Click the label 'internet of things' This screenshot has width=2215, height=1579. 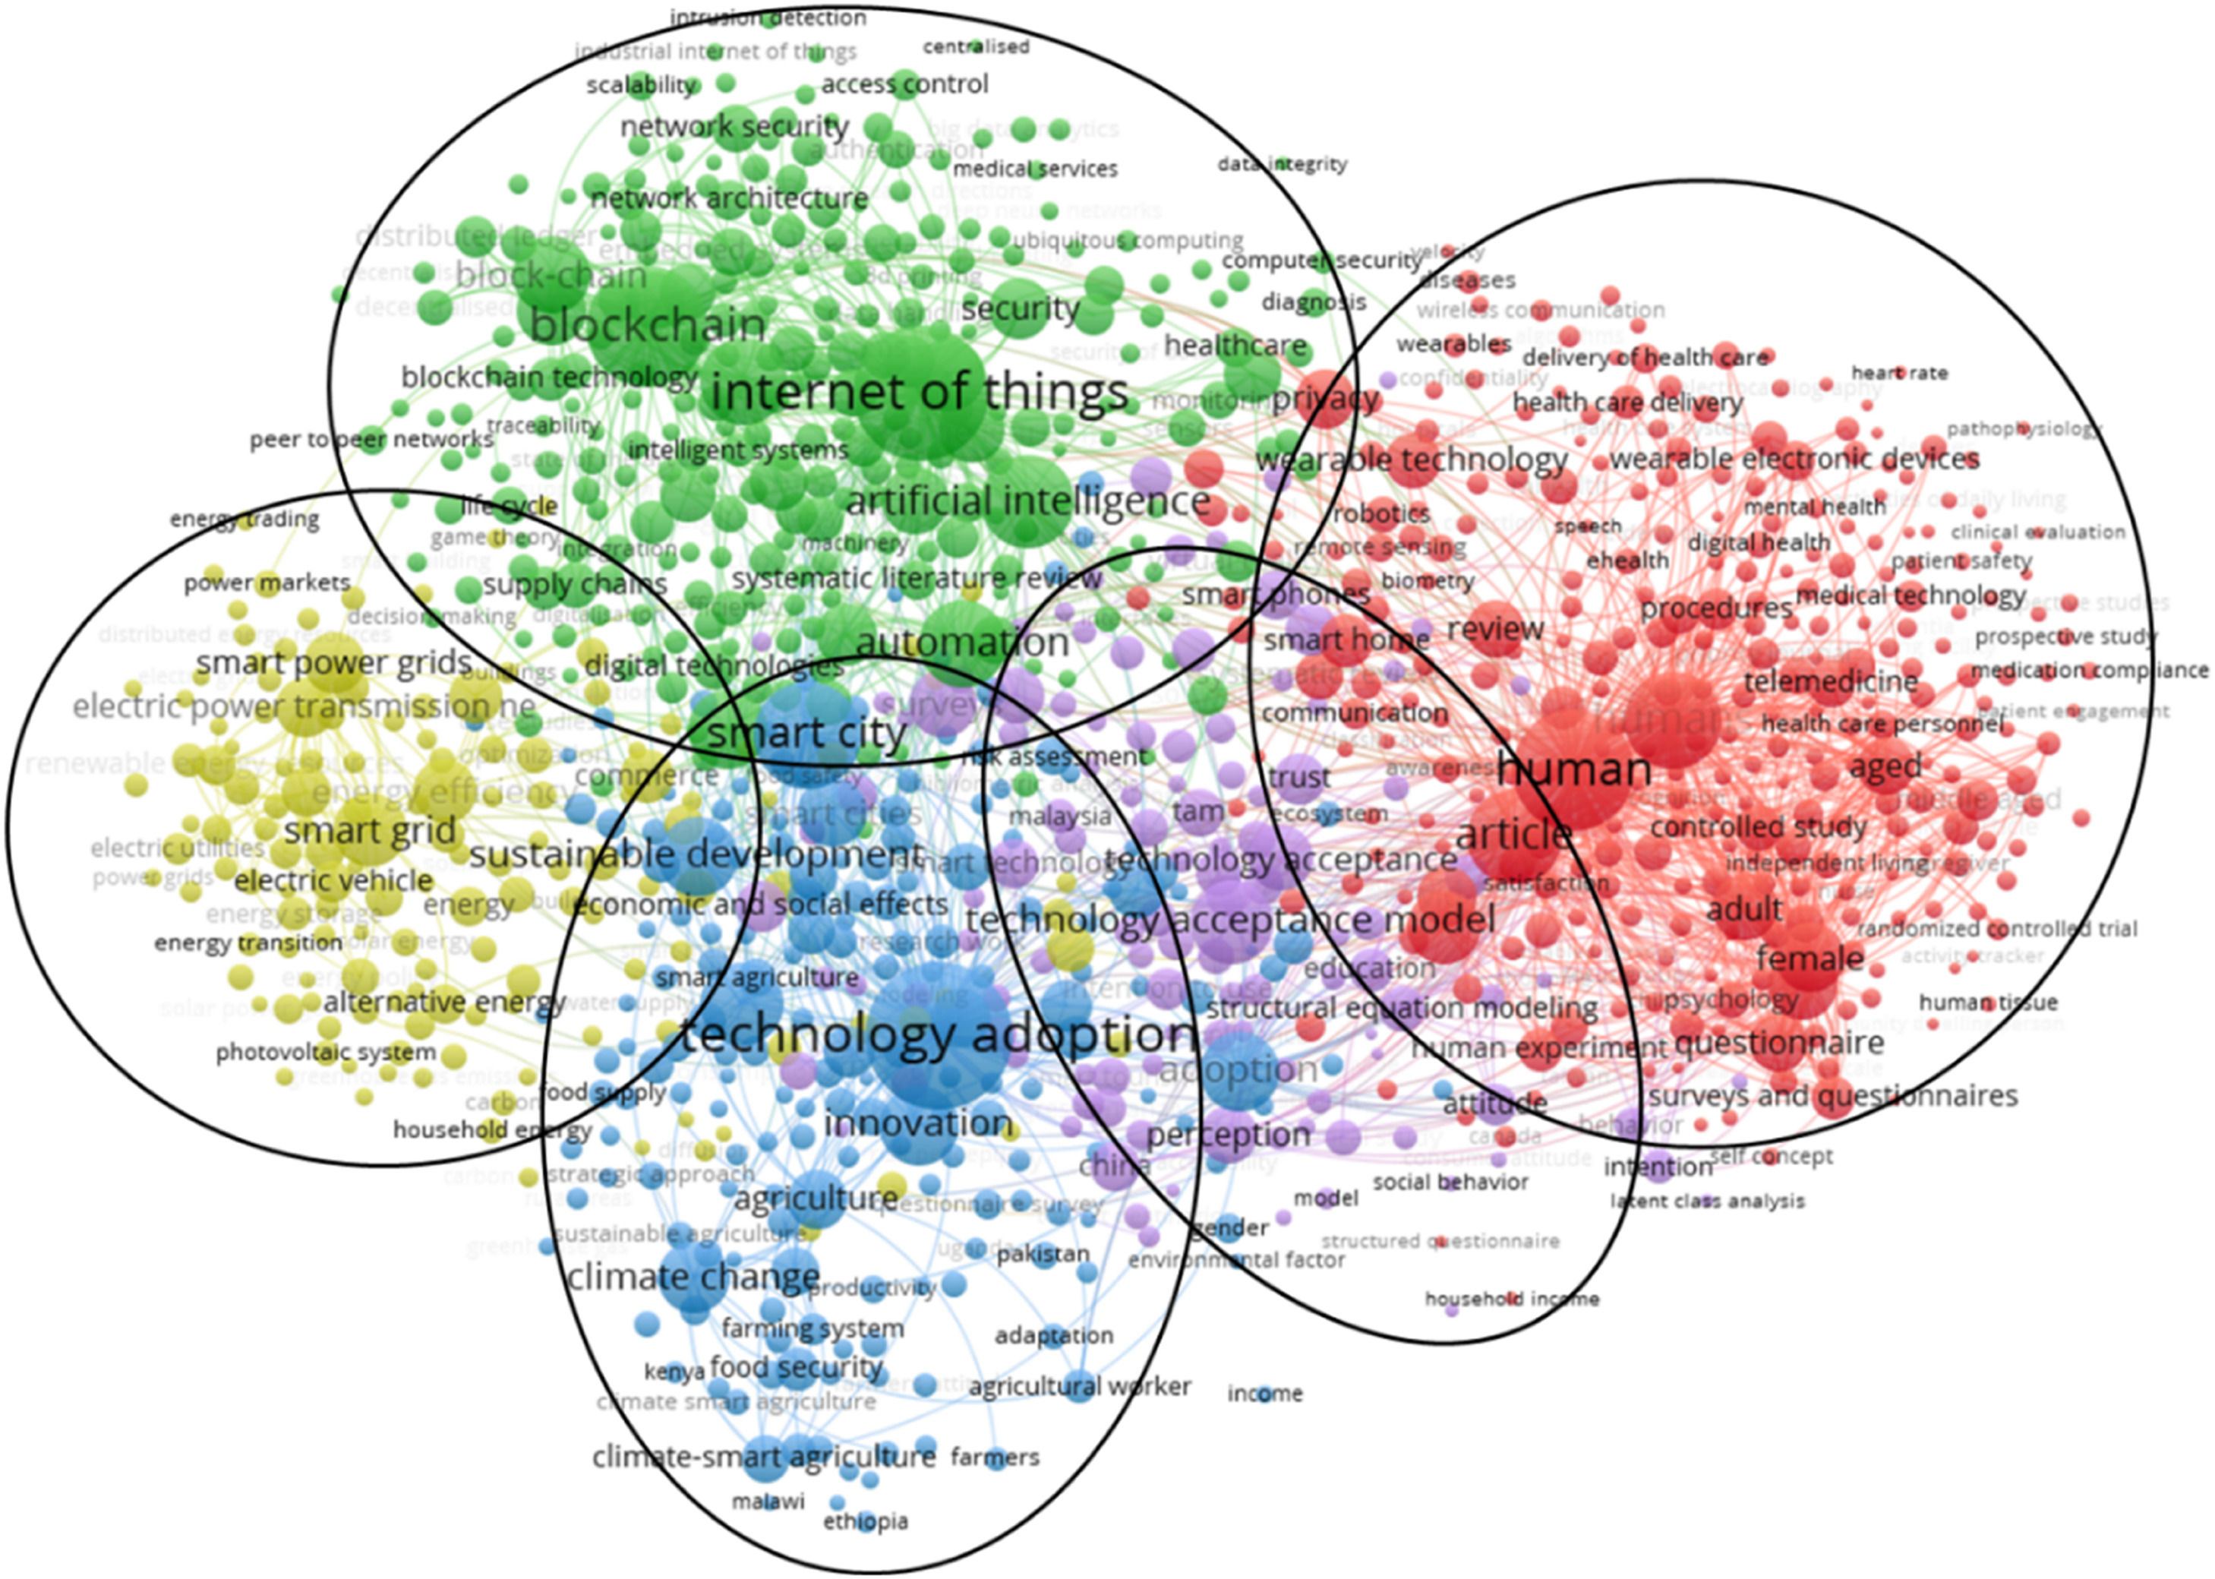point(919,392)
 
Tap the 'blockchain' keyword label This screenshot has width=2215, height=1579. point(648,325)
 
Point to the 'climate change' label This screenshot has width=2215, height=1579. point(693,1276)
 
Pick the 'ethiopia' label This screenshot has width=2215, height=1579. point(865,1521)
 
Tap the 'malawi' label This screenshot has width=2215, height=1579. point(768,1502)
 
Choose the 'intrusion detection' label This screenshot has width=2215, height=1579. point(768,17)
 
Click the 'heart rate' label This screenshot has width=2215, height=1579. point(1899,372)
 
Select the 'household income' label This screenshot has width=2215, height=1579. point(1511,1299)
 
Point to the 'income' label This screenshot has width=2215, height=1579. point(1264,1393)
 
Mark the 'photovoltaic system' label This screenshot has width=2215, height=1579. point(326,1052)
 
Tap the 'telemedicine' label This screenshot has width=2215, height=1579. point(1830,681)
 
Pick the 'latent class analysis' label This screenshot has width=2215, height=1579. point(1707,1201)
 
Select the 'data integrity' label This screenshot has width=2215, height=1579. point(1282,164)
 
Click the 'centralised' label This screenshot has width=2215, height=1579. point(976,46)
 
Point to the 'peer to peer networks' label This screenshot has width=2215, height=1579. point(371,440)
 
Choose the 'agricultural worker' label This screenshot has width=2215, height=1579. point(1079,1387)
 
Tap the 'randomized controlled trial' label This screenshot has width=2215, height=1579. point(1996,929)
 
